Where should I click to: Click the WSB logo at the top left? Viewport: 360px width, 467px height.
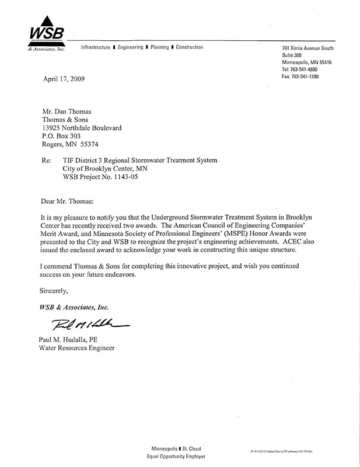(45, 37)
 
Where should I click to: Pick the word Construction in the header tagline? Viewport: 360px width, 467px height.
(189, 47)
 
